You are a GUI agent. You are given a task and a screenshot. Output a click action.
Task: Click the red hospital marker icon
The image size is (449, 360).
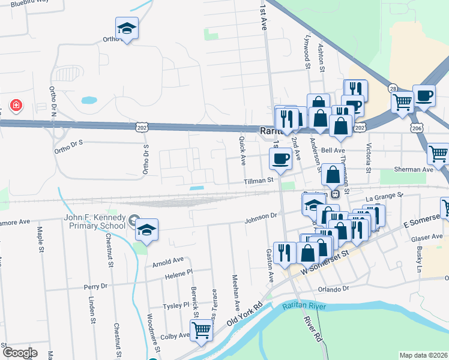[16, 106]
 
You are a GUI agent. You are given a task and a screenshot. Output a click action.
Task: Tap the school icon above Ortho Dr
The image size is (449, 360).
[127, 28]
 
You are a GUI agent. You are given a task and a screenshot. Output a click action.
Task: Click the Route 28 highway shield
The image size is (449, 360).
[393, 88]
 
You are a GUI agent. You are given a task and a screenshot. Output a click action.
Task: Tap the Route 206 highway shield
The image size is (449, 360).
[417, 128]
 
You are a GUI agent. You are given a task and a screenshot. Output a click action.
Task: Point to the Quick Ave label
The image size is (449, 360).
[243, 151]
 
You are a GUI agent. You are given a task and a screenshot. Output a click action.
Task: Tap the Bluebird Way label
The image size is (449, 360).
[30, 3]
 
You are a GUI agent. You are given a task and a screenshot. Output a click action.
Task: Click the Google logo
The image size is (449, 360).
[19, 353]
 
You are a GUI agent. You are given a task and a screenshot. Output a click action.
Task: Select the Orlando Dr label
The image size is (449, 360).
[333, 289]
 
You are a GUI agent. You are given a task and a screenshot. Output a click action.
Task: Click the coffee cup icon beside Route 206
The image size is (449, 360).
[424, 97]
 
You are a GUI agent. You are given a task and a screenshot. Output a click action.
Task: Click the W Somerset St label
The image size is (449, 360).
[325, 263]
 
